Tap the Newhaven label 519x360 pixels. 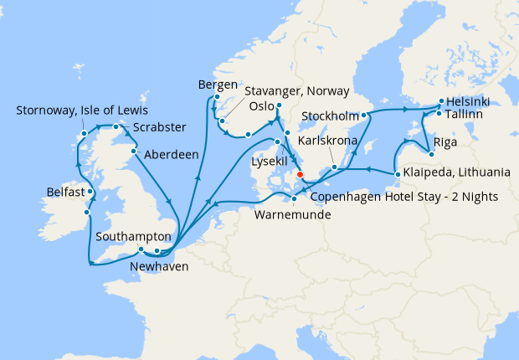159,267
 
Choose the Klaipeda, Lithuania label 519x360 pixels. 456,173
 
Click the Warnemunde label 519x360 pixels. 292,214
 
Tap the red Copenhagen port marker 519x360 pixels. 300,176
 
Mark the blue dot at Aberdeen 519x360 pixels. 134,152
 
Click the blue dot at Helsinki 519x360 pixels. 440,102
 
